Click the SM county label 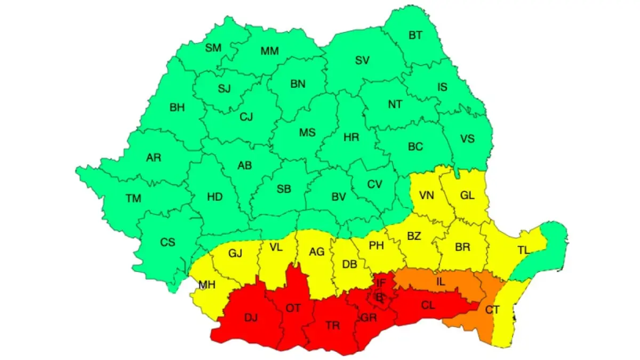[x=213, y=47]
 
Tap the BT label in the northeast [x=415, y=36]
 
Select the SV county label [x=362, y=60]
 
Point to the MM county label [x=270, y=51]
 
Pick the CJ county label [x=246, y=116]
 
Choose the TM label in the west [x=133, y=198]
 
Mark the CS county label [x=167, y=242]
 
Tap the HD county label [x=214, y=197]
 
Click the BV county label [x=339, y=197]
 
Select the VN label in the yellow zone [x=427, y=195]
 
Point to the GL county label [x=467, y=195]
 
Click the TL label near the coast [x=525, y=250]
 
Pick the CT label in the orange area [x=492, y=309]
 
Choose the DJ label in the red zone [x=251, y=318]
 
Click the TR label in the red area [x=332, y=325]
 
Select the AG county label [x=317, y=252]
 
